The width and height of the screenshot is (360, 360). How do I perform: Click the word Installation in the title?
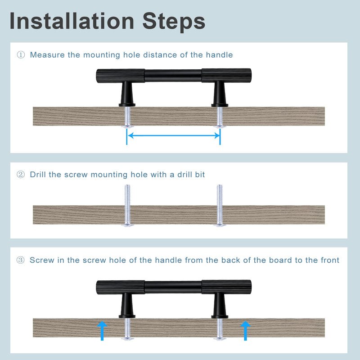72,21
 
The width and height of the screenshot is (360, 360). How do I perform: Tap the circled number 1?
21,55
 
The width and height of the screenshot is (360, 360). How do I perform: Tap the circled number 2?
21,175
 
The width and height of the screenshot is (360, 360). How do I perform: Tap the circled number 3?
20,260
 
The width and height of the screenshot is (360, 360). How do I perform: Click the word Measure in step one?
47,55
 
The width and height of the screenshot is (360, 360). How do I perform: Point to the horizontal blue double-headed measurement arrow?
174,135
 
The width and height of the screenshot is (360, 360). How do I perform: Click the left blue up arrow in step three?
102,331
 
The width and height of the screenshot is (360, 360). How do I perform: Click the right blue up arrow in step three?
245,331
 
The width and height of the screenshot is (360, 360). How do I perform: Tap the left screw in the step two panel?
127,206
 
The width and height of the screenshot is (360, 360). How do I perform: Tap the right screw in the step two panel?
220,206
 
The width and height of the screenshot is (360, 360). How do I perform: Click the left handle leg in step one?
127,94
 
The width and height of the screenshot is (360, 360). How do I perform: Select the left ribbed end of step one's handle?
121,76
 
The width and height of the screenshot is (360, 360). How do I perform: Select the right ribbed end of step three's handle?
226,287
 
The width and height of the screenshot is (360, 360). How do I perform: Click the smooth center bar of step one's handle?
173,76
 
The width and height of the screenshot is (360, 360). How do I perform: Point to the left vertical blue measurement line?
127,137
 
